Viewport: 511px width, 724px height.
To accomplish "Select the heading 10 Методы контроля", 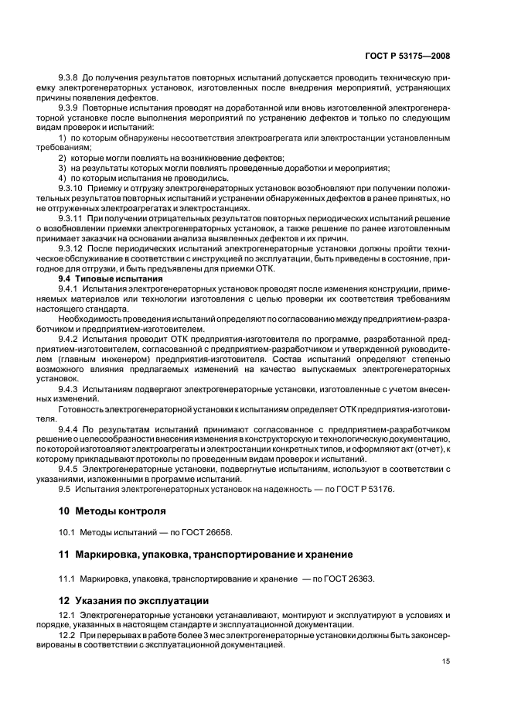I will pyautogui.click(x=113, y=511).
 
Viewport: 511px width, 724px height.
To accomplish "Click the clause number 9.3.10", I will pyautogui.click(x=72, y=187).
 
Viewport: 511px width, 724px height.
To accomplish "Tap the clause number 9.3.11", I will pyautogui.click(x=72, y=218).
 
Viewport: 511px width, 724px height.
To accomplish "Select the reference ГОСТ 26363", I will pyautogui.click(x=352, y=577).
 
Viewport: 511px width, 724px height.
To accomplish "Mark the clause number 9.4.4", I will pyautogui.click(x=70, y=429).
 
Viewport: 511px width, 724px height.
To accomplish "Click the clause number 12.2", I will pyautogui.click(x=67, y=634).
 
